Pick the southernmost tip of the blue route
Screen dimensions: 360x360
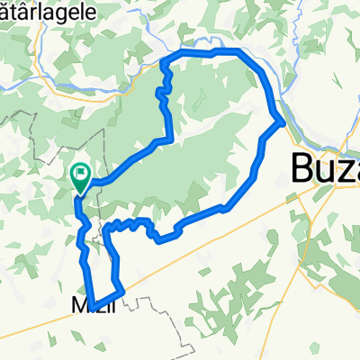pos(94,303)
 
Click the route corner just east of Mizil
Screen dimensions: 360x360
pos(122,290)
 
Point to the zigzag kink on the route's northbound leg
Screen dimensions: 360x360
pos(165,94)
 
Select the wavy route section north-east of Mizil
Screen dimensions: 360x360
pos(135,222)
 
